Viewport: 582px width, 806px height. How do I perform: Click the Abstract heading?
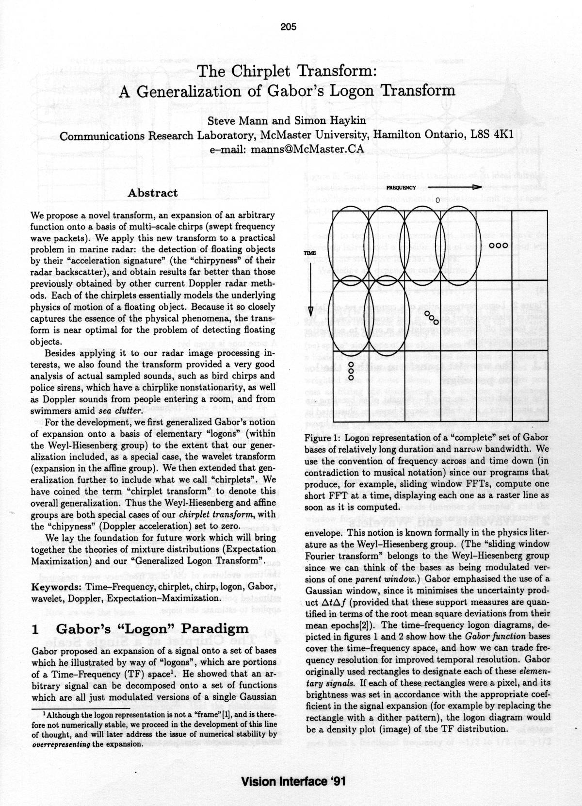coord(152,193)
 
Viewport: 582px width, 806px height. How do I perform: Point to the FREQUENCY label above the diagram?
coord(401,187)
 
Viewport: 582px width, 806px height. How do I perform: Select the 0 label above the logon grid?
coord(437,200)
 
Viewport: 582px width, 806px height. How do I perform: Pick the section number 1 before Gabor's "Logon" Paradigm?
coord(35,630)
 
